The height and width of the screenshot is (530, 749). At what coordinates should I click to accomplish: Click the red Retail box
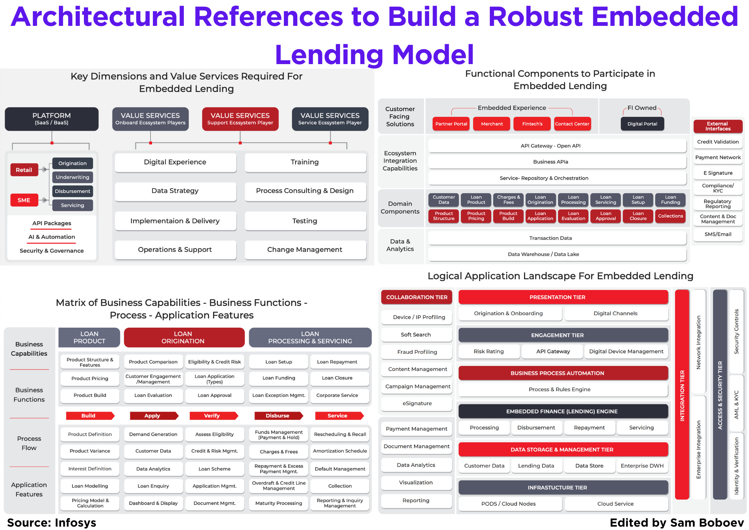pyautogui.click(x=24, y=170)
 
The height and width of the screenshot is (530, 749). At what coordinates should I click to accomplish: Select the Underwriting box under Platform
pyautogui.click(x=72, y=177)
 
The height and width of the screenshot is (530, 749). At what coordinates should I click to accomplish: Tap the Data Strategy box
pyautogui.click(x=175, y=191)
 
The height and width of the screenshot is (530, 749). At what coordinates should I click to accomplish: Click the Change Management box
pyautogui.click(x=304, y=250)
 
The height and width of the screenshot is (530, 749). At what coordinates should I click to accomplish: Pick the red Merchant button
pyautogui.click(x=492, y=124)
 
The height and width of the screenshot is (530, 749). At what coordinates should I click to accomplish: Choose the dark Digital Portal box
pyautogui.click(x=642, y=124)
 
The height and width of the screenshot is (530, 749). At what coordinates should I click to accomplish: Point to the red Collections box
pyautogui.click(x=670, y=216)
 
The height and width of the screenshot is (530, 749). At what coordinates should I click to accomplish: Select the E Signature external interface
pyautogui.click(x=718, y=173)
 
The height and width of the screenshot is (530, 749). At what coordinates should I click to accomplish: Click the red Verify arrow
pyautogui.click(x=213, y=416)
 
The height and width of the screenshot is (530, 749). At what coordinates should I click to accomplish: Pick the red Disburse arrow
pyautogui.click(x=278, y=416)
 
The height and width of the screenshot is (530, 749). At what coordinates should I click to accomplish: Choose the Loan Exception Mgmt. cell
pyautogui.click(x=279, y=395)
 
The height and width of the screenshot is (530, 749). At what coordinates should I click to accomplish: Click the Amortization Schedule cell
pyautogui.click(x=340, y=451)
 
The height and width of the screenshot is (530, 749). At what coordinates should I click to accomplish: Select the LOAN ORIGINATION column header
pyautogui.click(x=184, y=337)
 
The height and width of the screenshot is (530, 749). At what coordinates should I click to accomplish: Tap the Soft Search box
pyautogui.click(x=416, y=334)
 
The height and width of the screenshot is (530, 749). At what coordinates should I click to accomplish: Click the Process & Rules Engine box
pyautogui.click(x=563, y=389)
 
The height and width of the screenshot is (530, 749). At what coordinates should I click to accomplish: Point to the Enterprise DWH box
pyautogui.click(x=642, y=466)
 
